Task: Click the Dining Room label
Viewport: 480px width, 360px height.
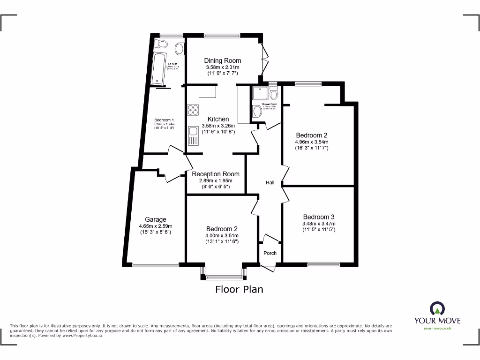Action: (223, 60)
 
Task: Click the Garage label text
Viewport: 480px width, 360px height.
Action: (155, 219)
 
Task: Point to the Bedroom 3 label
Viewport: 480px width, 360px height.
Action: (318, 217)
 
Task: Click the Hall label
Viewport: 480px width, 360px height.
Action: (270, 182)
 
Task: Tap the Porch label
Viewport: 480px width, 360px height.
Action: (270, 253)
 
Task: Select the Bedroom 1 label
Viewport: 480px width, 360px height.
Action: (164, 120)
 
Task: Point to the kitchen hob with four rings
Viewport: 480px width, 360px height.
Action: (193, 110)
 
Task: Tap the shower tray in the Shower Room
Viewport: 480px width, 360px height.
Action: (260, 94)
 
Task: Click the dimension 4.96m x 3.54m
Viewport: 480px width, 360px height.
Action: (311, 142)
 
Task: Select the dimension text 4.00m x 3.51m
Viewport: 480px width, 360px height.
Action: (222, 235)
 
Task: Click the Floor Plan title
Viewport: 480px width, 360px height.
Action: (239, 289)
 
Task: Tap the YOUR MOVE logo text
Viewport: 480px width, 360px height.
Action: (437, 321)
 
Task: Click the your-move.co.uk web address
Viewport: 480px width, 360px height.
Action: (437, 329)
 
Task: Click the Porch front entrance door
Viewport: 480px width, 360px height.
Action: (268, 268)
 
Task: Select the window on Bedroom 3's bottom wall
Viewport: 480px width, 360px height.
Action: (323, 264)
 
